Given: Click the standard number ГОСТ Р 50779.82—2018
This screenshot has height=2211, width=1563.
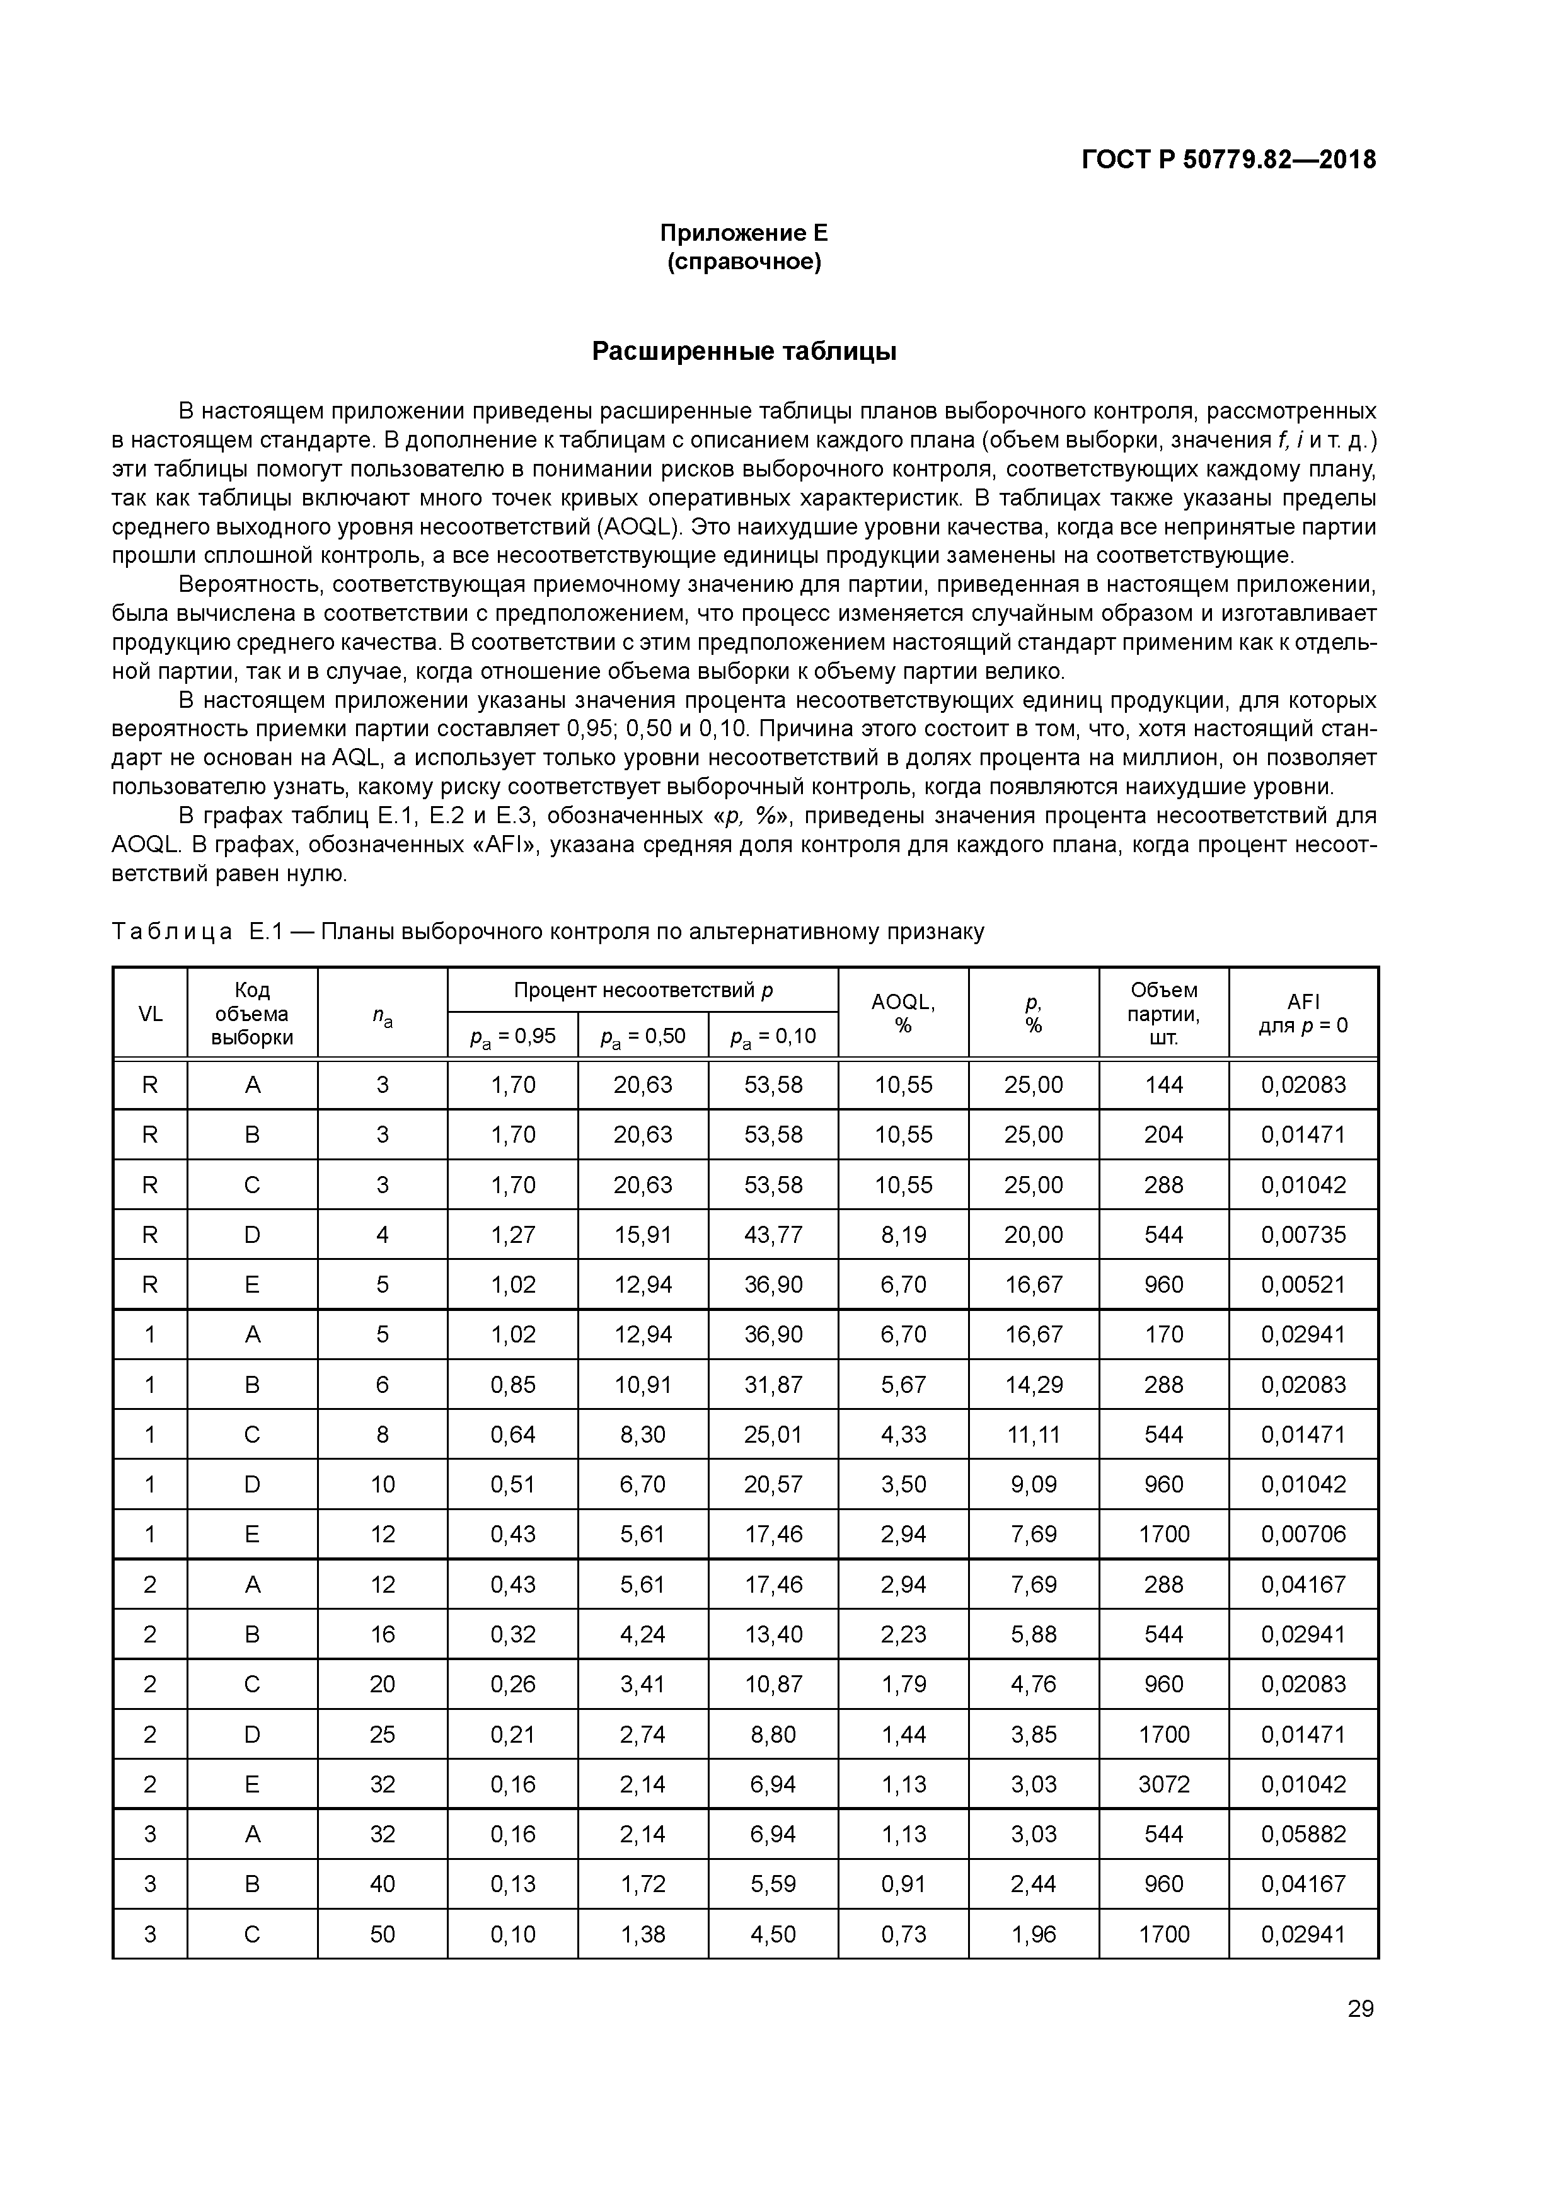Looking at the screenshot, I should click(x=1229, y=160).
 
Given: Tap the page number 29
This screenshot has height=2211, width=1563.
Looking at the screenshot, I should click(x=1361, y=2008).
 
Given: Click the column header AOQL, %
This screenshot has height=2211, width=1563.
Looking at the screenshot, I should click(x=903, y=1013).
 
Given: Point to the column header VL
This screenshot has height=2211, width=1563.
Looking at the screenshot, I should click(x=150, y=1013).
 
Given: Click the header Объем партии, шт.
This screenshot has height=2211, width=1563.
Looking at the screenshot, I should click(x=1163, y=1013).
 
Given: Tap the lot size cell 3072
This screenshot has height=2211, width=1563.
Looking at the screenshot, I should click(x=1163, y=1784).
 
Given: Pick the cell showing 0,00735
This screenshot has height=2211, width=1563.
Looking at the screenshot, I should click(x=1303, y=1235).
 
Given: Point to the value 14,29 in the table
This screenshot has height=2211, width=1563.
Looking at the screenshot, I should click(x=1034, y=1385).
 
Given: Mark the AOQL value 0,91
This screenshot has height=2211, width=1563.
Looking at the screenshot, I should click(x=903, y=1884).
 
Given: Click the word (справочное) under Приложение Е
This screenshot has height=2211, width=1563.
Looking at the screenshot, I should click(x=744, y=262).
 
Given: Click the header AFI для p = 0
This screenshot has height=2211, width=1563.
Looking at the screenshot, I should click(x=1303, y=1013).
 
